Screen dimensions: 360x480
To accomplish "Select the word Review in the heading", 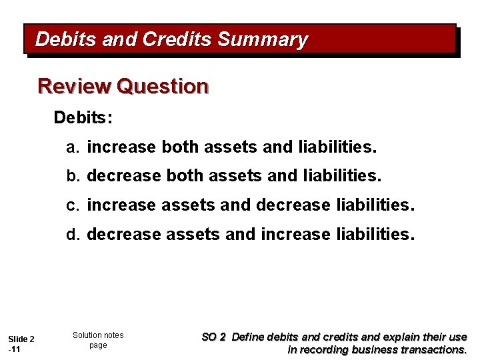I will pos(74,87).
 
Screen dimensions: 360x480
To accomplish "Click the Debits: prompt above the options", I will pos(83,118).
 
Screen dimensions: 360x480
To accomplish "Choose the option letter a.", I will pos(71,147).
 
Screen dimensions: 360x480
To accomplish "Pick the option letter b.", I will pos(71,176).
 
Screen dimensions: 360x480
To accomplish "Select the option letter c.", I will pos(71,205).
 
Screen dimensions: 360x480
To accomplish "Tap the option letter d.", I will pos(71,235).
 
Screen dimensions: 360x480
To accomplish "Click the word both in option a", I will pos(180,147).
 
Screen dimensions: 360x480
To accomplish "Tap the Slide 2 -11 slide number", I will pos(21,344).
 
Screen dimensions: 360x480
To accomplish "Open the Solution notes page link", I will pos(98,340).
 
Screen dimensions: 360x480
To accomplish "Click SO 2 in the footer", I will pos(213,337).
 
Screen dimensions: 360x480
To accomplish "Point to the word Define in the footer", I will pos(251,337).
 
